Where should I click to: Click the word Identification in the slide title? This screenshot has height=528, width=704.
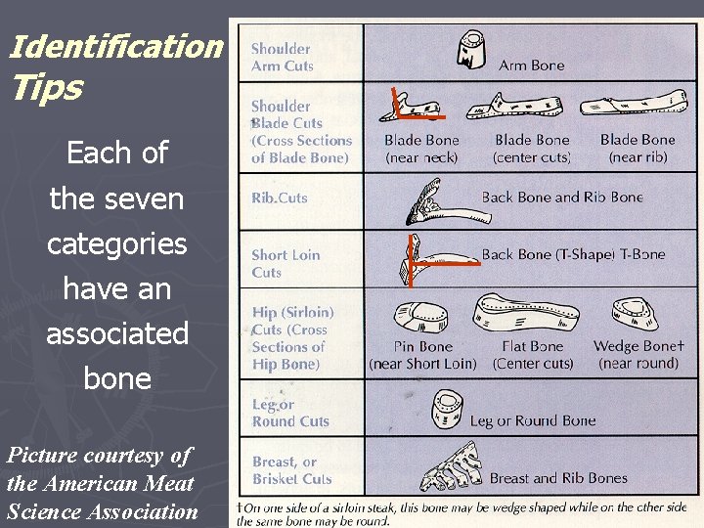pos(115,45)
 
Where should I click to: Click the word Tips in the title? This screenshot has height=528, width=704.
pos(46,88)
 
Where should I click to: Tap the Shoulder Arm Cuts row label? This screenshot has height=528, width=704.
pos(282,57)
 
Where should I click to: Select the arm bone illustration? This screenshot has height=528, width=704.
pos(473,49)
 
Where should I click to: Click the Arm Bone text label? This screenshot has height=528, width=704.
pos(531,66)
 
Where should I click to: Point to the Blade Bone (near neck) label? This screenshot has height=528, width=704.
pos(421,149)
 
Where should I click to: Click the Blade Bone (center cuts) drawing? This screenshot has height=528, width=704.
pos(527,105)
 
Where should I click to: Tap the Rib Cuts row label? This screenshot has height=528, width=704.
pos(280,198)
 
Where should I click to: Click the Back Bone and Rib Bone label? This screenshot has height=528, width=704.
pos(562,197)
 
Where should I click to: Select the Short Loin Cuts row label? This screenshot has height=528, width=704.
pos(285,263)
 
